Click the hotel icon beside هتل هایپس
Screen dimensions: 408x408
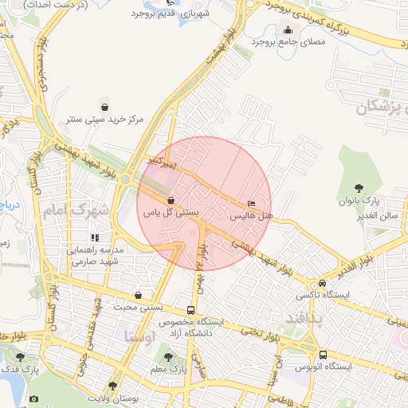(253, 203)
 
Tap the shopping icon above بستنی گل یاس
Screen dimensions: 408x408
(171, 201)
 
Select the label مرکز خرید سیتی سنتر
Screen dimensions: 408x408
(106, 120)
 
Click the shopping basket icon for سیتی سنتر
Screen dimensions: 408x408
(105, 106)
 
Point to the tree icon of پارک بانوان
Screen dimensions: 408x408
(359, 187)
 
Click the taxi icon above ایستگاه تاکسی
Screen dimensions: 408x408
(322, 283)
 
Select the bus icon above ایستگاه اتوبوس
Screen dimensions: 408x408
(323, 355)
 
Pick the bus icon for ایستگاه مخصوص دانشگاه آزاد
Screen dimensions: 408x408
(190, 310)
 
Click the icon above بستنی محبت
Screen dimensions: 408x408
(139, 294)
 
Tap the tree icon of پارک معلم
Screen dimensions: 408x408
(167, 357)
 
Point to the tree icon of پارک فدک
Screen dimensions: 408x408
(20, 357)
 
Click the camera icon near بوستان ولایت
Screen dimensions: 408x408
(33, 398)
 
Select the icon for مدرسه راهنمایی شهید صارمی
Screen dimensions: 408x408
(95, 237)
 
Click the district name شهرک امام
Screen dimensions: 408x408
(76, 211)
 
